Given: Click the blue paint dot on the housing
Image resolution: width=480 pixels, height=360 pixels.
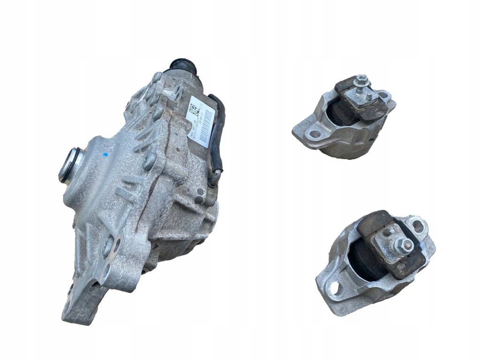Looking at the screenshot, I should (105, 154).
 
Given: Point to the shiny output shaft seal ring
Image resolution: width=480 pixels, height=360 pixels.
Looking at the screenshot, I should (69, 165).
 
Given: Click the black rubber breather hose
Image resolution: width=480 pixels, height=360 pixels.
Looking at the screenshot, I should (218, 131).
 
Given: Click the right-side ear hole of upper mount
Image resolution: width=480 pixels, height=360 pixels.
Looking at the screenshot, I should (383, 96).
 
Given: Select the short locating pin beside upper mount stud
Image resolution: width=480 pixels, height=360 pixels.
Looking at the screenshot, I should (368, 97).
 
